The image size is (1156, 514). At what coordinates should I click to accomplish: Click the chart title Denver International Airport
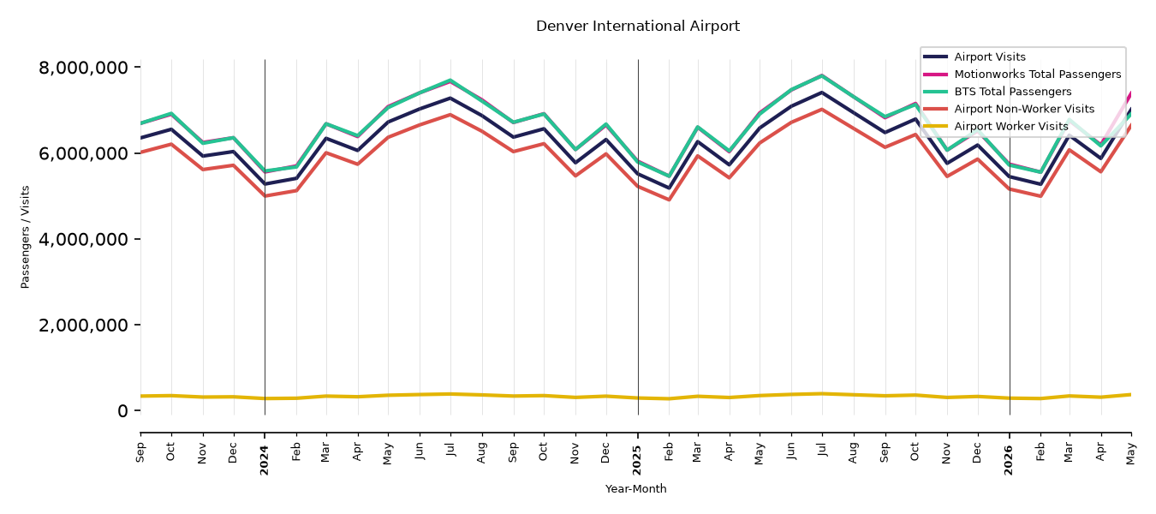pyautogui.click(x=637, y=26)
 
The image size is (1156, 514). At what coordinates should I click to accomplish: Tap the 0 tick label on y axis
pyautogui.click(x=122, y=411)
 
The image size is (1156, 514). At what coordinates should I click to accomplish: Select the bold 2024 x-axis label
pyautogui.click(x=265, y=460)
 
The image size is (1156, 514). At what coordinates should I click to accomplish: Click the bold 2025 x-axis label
pyautogui.click(x=637, y=460)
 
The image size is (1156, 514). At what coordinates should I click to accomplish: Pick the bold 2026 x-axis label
pyautogui.click(x=1009, y=460)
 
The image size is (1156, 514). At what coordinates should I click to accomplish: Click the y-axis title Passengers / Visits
pyautogui.click(x=26, y=237)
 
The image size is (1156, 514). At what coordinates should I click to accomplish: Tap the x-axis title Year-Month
pyautogui.click(x=635, y=488)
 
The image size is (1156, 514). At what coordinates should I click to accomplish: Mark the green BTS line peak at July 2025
pyautogui.click(x=821, y=76)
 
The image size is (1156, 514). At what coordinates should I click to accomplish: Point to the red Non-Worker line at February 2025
pyautogui.click(x=669, y=200)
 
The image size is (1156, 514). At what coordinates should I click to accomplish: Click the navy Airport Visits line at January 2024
pyautogui.click(x=265, y=183)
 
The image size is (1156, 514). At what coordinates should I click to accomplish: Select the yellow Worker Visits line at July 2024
pyautogui.click(x=450, y=394)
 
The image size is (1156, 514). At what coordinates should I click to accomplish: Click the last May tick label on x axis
pyautogui.click(x=1130, y=452)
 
